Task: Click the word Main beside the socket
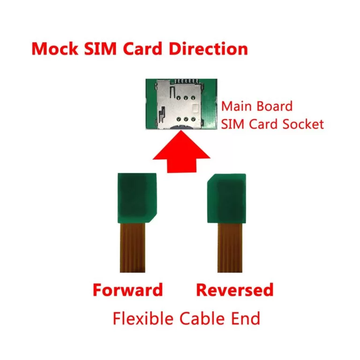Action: pos(237,106)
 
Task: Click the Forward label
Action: pos(127,290)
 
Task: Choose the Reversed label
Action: pos(234,290)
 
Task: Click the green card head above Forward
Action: pos(136,197)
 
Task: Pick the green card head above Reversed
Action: pos(227,197)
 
